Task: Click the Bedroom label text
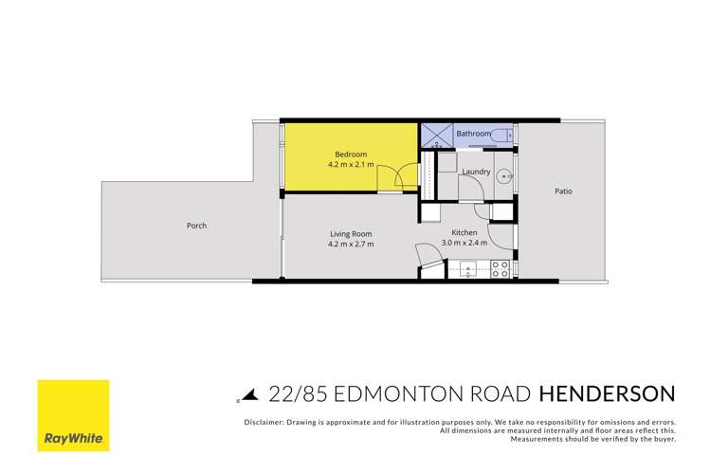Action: [x=350, y=155]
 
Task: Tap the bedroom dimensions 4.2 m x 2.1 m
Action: [x=350, y=165]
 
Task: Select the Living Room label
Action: [x=351, y=233]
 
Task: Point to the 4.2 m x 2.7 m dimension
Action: [x=351, y=244]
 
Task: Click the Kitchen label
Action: [x=464, y=232]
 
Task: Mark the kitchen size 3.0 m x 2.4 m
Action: [x=464, y=243]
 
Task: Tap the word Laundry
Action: [x=475, y=173]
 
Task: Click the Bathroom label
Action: [x=473, y=135]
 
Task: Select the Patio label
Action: [x=563, y=191]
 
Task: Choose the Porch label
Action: [x=196, y=226]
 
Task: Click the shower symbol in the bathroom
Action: [x=435, y=134]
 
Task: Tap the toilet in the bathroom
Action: [x=503, y=135]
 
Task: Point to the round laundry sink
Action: [x=506, y=175]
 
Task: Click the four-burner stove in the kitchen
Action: [x=500, y=270]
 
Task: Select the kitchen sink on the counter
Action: [x=468, y=270]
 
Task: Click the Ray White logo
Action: [x=73, y=416]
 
